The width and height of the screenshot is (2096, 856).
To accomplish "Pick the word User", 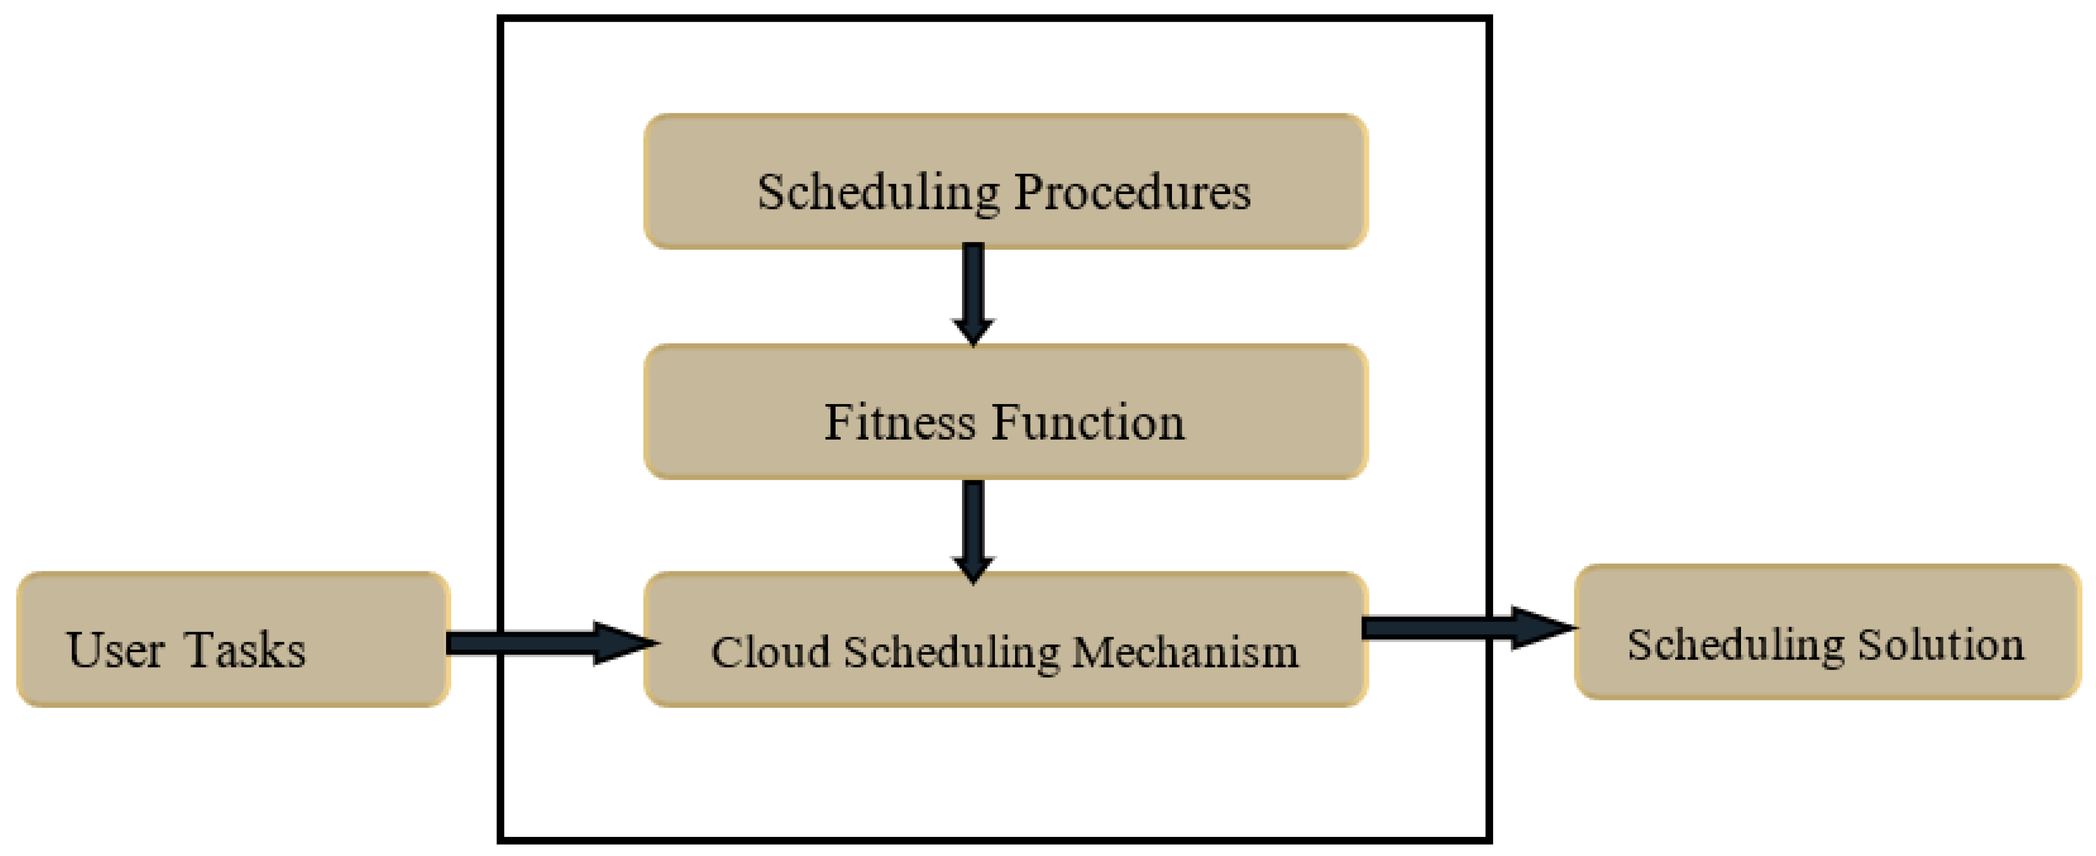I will (116, 650).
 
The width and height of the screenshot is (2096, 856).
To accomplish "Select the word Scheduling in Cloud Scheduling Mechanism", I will (951, 653).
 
